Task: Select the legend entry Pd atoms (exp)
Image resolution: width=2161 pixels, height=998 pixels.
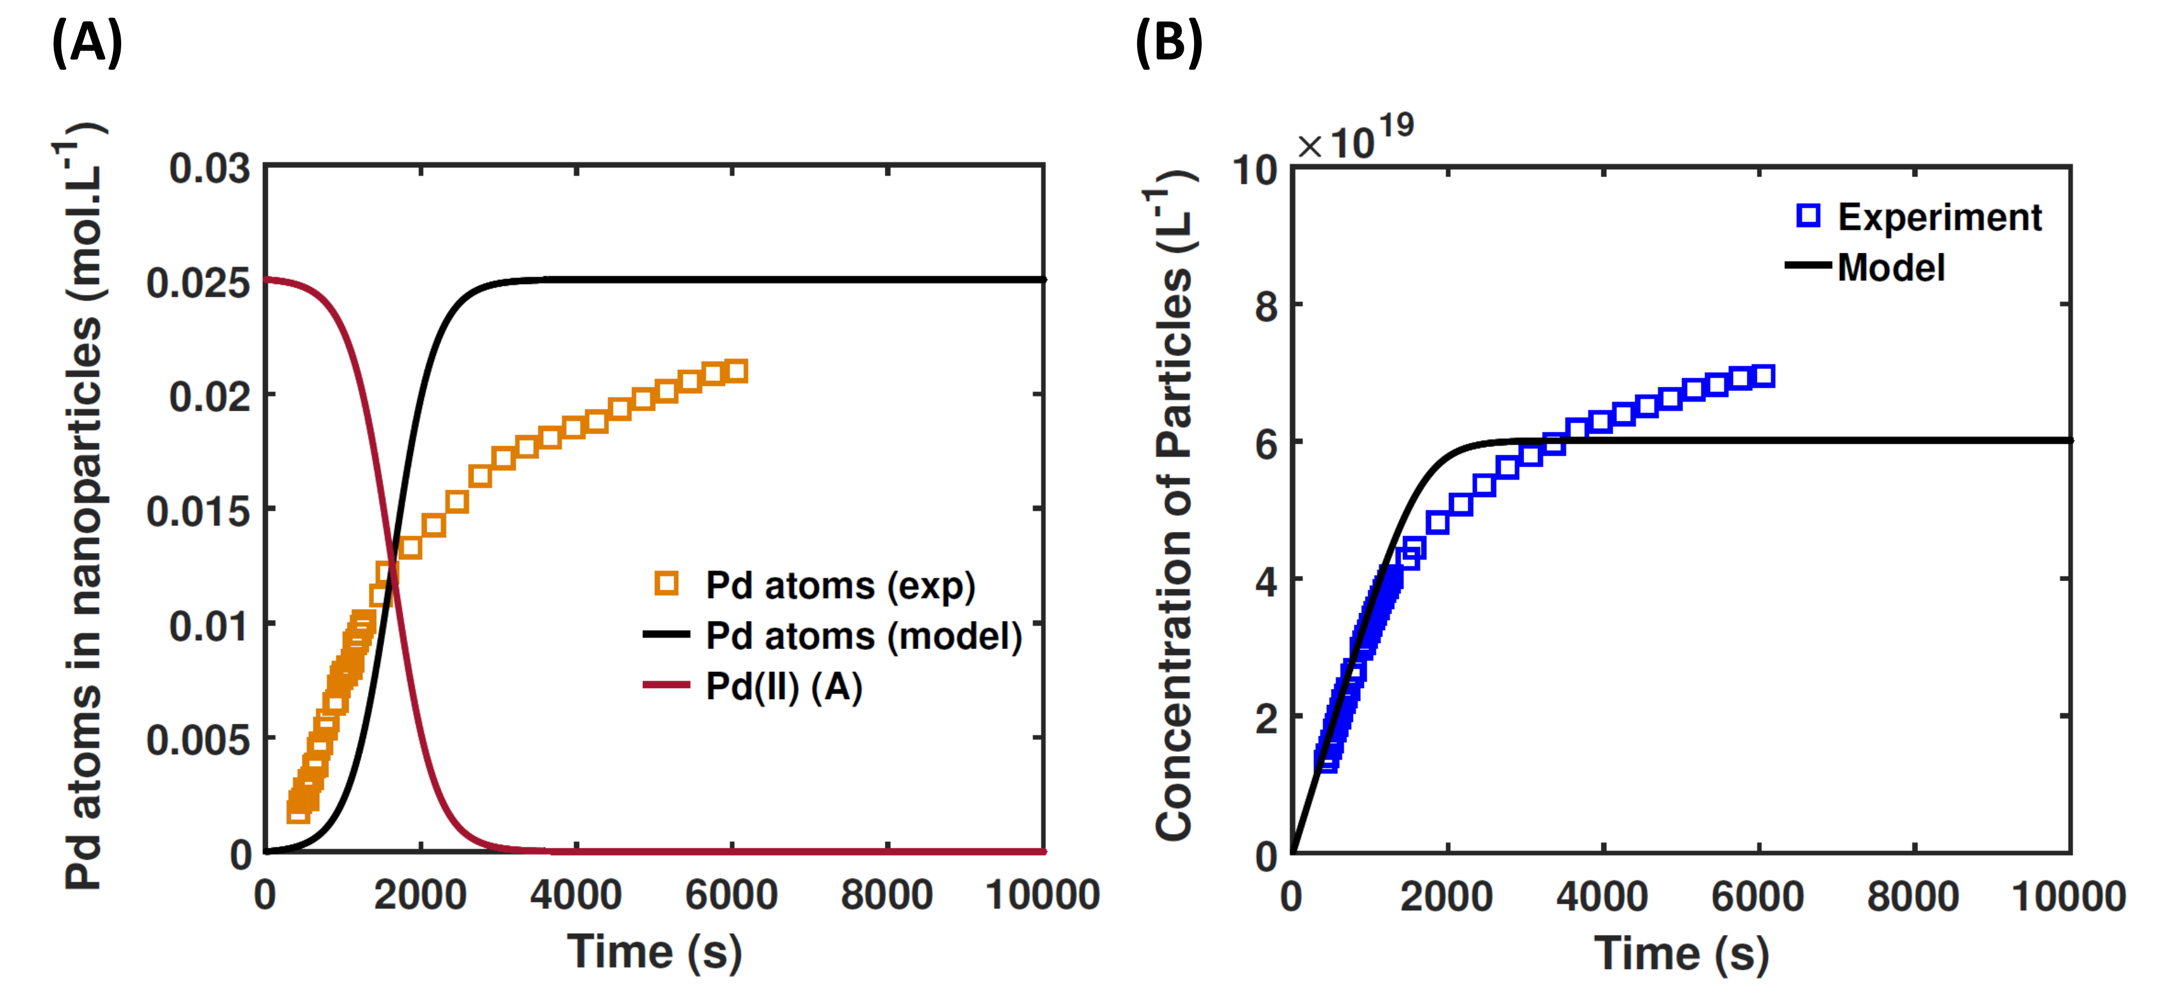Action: (839, 586)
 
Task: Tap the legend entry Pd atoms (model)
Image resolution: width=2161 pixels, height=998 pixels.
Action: (863, 637)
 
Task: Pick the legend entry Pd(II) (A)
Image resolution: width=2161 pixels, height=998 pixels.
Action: (783, 686)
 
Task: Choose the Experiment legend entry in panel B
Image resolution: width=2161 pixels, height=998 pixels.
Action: (1938, 217)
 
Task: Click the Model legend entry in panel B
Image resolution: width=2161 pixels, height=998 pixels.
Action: (1890, 268)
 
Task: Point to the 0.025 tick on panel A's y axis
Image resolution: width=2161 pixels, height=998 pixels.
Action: (198, 282)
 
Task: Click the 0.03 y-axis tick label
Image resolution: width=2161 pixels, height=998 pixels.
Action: (209, 168)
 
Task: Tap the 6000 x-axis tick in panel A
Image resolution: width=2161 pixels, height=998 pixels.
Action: (731, 895)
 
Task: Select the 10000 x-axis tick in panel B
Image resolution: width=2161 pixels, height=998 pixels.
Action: (2068, 897)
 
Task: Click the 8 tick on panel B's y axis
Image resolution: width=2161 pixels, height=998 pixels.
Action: (1266, 306)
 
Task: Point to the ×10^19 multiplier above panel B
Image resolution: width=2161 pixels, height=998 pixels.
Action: (1355, 139)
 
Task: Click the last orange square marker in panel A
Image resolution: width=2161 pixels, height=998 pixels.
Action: (737, 371)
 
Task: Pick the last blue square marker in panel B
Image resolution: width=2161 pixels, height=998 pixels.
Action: (1764, 376)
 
